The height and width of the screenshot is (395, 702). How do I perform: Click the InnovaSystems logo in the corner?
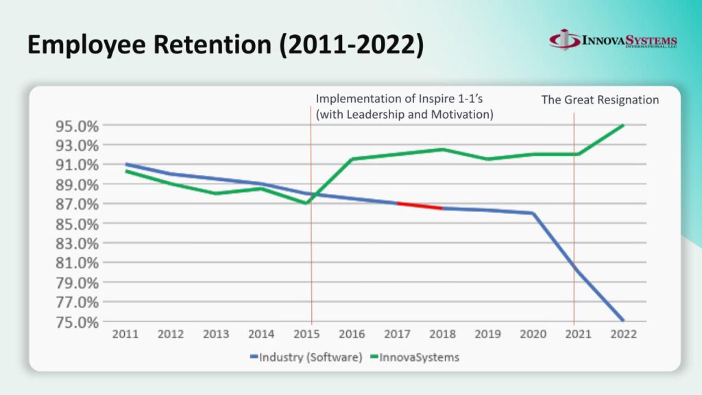point(613,40)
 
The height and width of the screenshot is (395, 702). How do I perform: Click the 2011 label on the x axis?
point(125,335)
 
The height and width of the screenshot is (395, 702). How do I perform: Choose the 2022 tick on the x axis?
point(623,335)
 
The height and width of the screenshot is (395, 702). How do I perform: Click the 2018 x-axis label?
point(442,335)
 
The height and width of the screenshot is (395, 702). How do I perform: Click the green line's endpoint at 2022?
point(623,125)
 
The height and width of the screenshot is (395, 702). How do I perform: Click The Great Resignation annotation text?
point(600,100)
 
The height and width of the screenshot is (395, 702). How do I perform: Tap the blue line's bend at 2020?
point(533,213)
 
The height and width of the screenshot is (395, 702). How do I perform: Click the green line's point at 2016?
point(352,159)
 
